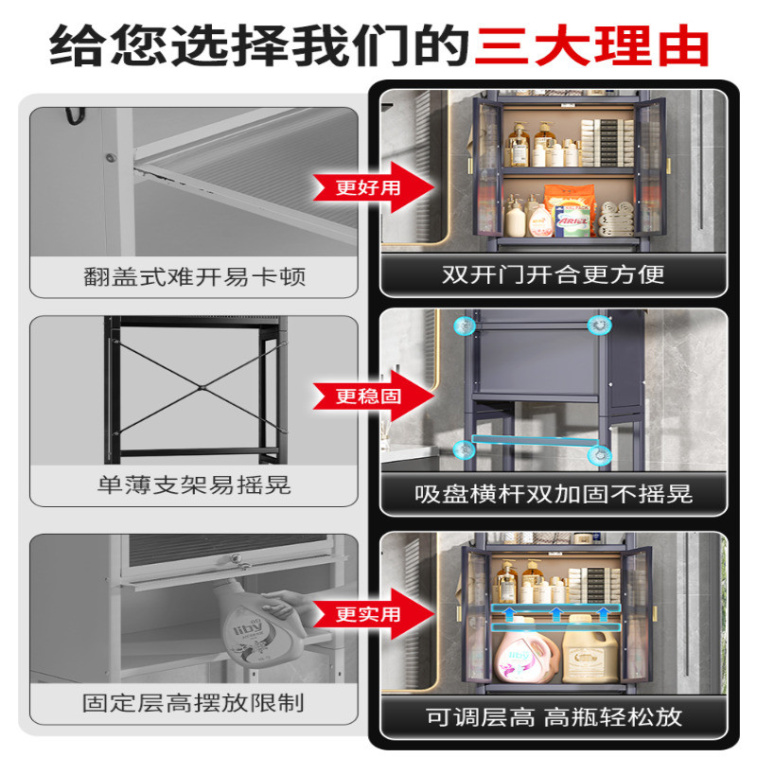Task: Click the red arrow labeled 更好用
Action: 374,187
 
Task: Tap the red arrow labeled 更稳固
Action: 374,396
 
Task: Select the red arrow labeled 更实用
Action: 374,614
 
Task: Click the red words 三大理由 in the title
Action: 592,45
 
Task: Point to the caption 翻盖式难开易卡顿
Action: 195,277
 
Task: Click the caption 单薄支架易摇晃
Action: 194,485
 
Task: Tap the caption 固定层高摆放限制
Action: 193,703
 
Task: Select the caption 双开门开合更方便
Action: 554,274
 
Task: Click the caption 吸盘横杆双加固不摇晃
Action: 554,493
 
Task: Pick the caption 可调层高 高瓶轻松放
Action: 554,716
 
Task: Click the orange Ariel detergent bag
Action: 570,210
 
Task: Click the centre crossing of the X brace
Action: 202,387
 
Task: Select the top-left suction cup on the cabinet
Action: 465,326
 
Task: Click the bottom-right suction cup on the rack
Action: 600,455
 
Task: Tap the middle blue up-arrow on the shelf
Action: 556,613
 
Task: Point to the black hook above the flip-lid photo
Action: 75,116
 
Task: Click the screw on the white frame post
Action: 112,157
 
